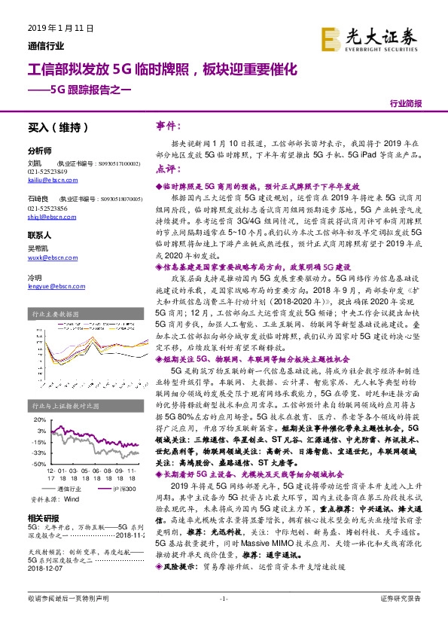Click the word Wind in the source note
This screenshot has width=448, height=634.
pos(71,498)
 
